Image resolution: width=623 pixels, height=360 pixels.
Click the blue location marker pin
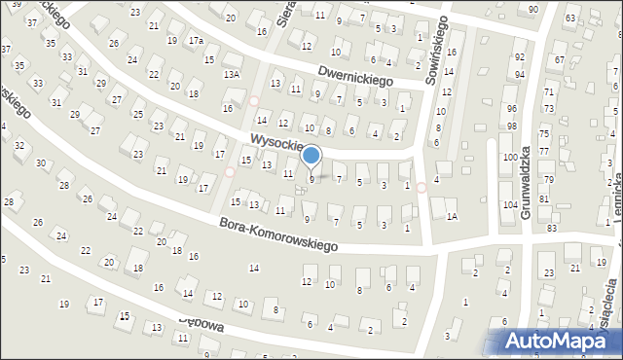pyautogui.click(x=311, y=155)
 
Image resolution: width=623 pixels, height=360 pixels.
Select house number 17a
pyautogui.click(x=196, y=41)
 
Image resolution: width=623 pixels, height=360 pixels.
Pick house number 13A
pyautogui.click(x=231, y=75)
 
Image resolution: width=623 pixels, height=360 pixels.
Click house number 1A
pyautogui.click(x=452, y=217)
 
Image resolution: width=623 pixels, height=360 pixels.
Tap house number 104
pyautogui.click(x=509, y=205)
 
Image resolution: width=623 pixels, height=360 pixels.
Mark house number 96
pyautogui.click(x=512, y=109)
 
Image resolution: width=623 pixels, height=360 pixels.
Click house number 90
pyautogui.click(x=532, y=9)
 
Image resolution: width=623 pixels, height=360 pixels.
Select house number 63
pyautogui.click(x=569, y=18)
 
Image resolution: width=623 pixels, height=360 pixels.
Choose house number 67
pyautogui.click(x=559, y=60)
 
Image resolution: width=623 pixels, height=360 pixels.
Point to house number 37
pyautogui.click(x=31, y=22)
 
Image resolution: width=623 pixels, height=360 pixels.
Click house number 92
pyautogui.click(x=520, y=58)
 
